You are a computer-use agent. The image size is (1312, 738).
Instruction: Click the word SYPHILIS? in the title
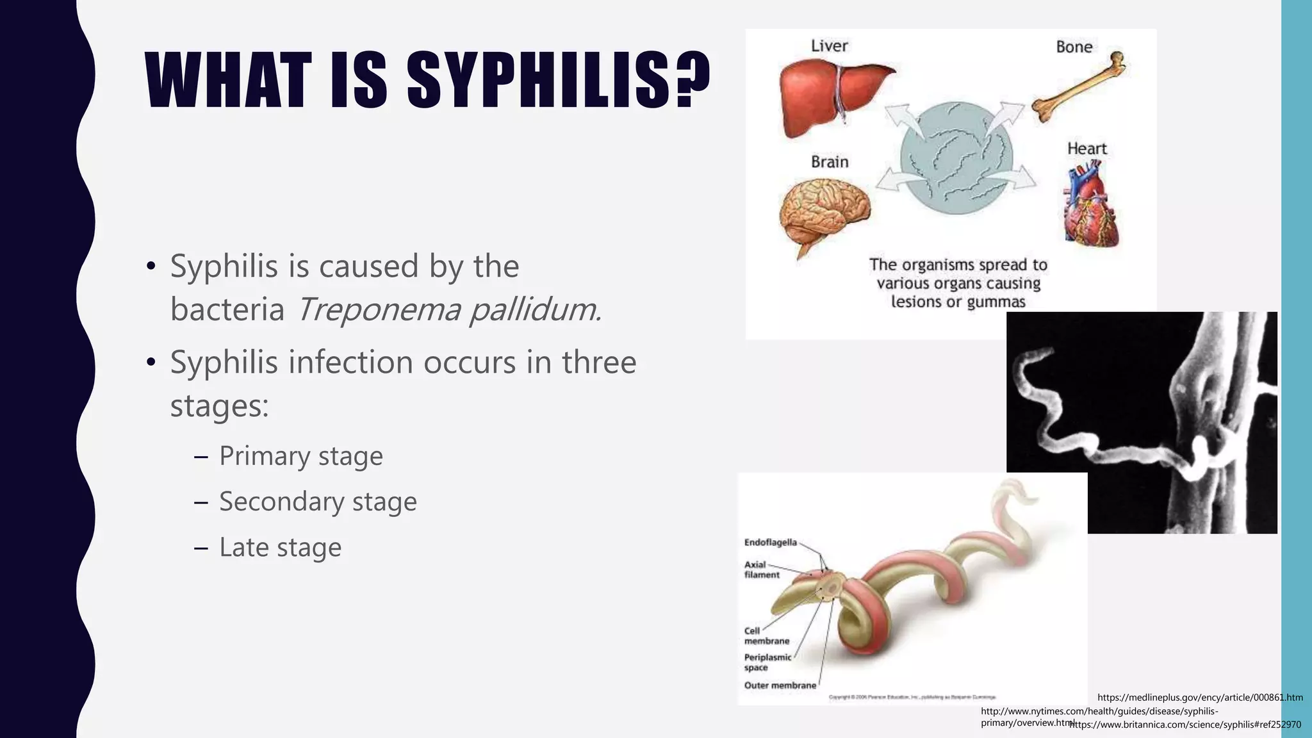pos(558,82)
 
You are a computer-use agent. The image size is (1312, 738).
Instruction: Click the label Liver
pos(829,46)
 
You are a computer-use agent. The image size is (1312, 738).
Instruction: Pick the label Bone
pos(1074,47)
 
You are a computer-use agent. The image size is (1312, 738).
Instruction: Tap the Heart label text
pos(1086,149)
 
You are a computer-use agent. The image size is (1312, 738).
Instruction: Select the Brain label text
pos(830,162)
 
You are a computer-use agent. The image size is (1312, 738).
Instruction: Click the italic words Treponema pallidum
pos(448,310)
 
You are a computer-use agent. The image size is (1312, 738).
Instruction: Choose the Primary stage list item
pos(300,456)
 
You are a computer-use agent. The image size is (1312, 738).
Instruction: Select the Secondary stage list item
pos(318,502)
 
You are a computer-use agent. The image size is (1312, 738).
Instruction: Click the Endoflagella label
pos(770,543)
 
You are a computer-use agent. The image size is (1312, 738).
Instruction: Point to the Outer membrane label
pos(780,685)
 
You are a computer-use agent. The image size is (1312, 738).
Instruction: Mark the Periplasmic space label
pos(767,662)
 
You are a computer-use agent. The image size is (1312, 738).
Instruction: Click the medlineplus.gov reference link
pos(1200,698)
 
